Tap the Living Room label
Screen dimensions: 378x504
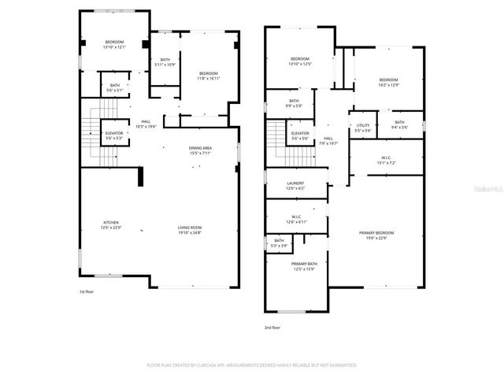coord(189,229)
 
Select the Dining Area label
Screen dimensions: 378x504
coord(200,150)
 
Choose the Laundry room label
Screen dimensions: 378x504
coord(295,185)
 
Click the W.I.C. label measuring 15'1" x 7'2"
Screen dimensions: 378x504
coord(387,160)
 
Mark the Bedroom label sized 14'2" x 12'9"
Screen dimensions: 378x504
coord(388,82)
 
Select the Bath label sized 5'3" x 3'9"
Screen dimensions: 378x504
coord(279,243)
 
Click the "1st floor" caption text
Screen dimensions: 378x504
coord(87,292)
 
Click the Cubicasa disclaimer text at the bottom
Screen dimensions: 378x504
coord(252,365)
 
